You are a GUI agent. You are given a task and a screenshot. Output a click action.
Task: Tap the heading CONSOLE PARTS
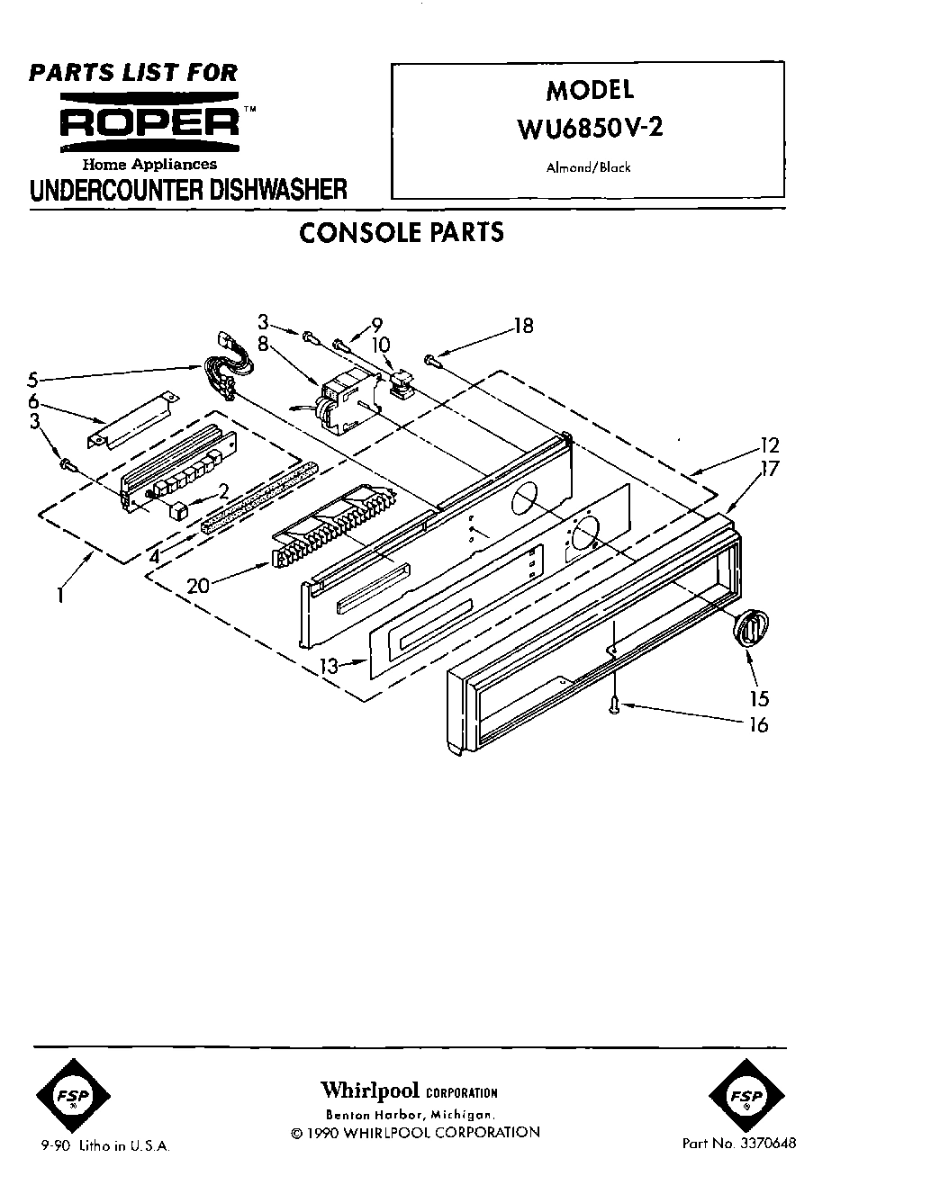pyautogui.click(x=401, y=232)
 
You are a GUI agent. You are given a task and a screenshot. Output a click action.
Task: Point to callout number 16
pyautogui.click(x=758, y=724)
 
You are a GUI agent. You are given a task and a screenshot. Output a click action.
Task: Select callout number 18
pyautogui.click(x=522, y=326)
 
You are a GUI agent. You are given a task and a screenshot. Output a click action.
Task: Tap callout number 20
pyautogui.click(x=199, y=585)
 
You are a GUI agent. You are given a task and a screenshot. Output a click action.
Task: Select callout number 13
pyautogui.click(x=330, y=666)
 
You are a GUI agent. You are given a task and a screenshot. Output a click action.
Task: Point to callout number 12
pyautogui.click(x=768, y=445)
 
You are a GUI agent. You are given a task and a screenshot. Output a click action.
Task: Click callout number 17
pyautogui.click(x=768, y=468)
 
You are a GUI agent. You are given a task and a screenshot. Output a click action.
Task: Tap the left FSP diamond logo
pyautogui.click(x=74, y=1097)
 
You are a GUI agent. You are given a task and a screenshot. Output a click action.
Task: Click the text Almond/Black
pyautogui.click(x=587, y=167)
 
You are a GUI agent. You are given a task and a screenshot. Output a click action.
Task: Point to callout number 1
pyautogui.click(x=60, y=594)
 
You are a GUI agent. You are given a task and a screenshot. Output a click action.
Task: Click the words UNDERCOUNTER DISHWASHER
pyautogui.click(x=188, y=190)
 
